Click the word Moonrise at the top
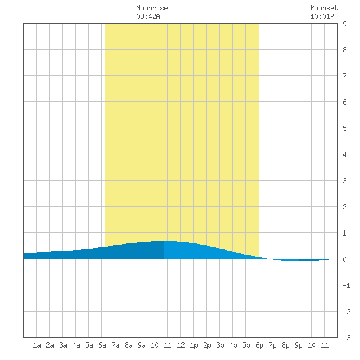point(152,8)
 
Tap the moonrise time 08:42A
point(148,16)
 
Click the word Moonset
point(324,8)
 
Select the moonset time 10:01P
point(322,16)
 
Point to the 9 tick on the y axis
point(344,24)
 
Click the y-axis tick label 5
point(344,128)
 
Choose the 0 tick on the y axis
point(344,259)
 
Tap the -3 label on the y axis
point(346,338)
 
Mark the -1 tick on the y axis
point(346,285)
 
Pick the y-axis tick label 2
point(344,207)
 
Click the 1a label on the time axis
point(37,345)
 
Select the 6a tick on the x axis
point(102,345)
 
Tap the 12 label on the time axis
point(181,345)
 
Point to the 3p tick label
point(220,345)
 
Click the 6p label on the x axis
point(259,345)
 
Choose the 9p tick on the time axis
point(298,345)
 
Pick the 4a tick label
point(76,345)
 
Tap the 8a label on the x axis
point(128,345)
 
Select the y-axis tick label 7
point(344,76)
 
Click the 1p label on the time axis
point(194,345)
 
